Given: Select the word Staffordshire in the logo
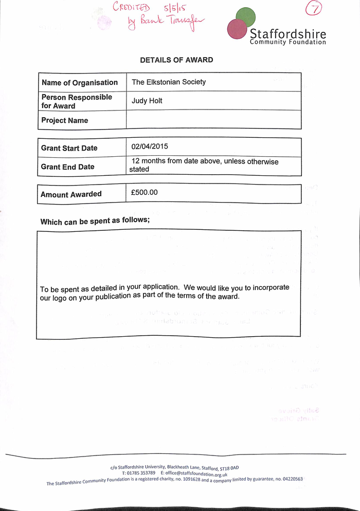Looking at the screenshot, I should (287, 34).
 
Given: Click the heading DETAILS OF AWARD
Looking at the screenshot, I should (176, 60).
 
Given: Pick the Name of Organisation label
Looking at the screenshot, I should (80, 83).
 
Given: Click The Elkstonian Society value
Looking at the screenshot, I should (169, 82).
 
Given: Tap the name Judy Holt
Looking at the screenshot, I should (147, 101).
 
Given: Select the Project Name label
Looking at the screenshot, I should (65, 120).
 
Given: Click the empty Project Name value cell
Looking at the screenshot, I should (213, 120).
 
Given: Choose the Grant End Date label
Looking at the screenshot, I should (68, 167).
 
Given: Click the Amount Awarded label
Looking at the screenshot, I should (71, 194).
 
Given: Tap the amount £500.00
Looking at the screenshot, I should (145, 193).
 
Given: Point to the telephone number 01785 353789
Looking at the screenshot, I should (138, 473).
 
